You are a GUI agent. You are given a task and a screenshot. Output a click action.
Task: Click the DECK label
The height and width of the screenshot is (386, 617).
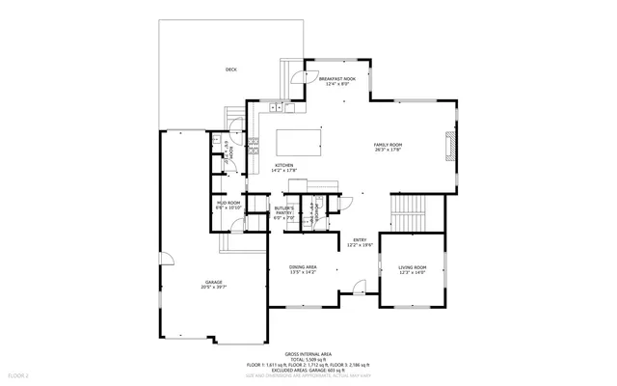click(230, 69)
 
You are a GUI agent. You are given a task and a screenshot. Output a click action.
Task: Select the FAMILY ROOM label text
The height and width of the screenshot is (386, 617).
click(389, 145)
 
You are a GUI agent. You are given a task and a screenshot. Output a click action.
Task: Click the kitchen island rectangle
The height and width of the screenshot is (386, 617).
click(298, 142)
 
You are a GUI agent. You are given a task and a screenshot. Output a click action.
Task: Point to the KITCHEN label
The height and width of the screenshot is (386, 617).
click(283, 165)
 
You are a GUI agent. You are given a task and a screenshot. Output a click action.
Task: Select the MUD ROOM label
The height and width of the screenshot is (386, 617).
click(228, 204)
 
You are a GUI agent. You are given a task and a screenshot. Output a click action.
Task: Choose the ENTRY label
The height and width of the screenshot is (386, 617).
click(360, 240)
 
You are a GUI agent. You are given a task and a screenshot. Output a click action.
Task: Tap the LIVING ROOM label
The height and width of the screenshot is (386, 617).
click(412, 268)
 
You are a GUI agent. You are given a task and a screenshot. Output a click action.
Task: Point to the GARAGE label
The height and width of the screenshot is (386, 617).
click(213, 282)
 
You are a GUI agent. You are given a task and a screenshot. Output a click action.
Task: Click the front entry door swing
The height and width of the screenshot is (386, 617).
click(359, 287)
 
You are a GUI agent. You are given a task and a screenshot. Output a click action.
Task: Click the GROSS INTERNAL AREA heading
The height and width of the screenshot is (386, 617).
click(308, 354)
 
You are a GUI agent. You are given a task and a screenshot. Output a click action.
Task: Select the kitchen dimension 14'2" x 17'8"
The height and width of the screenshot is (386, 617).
click(284, 171)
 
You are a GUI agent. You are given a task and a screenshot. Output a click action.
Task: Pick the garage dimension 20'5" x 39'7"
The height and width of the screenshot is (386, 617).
click(213, 288)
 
